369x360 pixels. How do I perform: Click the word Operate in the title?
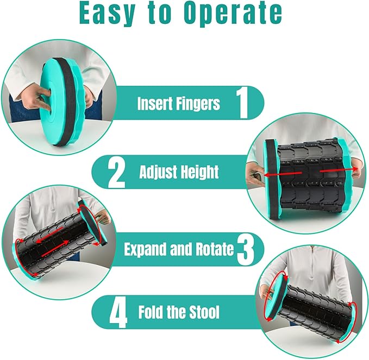pos(233,14)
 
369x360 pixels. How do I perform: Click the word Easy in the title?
pos(107,13)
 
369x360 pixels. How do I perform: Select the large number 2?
pos(116,172)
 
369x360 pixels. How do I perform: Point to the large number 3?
pos(245,250)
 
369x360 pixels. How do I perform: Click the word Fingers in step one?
pos(198,104)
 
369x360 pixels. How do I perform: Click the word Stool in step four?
pos(204,312)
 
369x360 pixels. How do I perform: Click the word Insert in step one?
pos(155,103)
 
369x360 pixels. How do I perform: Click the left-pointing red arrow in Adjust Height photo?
pos(283,174)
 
